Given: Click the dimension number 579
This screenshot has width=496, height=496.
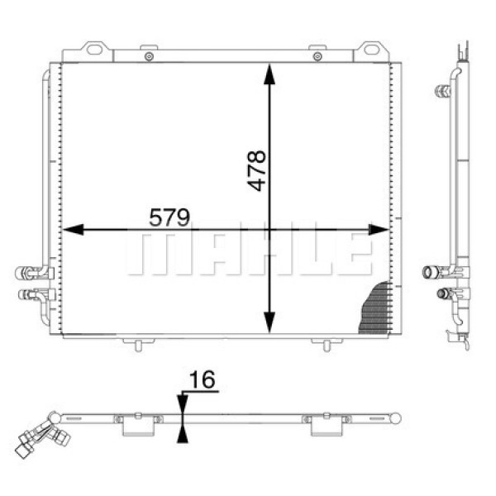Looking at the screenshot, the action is coord(169,217).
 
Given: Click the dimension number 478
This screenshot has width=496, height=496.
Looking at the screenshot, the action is coord(257,170).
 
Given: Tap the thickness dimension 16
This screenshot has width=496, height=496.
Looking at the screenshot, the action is coord(203,379).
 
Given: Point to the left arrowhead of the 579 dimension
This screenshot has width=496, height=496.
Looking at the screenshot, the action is coord(74,230).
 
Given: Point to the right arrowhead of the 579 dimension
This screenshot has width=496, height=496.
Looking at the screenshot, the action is coord(379,230).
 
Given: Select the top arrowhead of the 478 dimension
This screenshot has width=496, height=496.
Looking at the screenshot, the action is coord(269,74).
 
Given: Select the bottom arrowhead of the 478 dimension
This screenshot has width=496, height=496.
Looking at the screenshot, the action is coord(269,322).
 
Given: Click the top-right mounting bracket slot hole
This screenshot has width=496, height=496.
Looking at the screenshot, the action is coord(371,50).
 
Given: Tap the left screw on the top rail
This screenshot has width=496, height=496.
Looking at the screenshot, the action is coord(149,56).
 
